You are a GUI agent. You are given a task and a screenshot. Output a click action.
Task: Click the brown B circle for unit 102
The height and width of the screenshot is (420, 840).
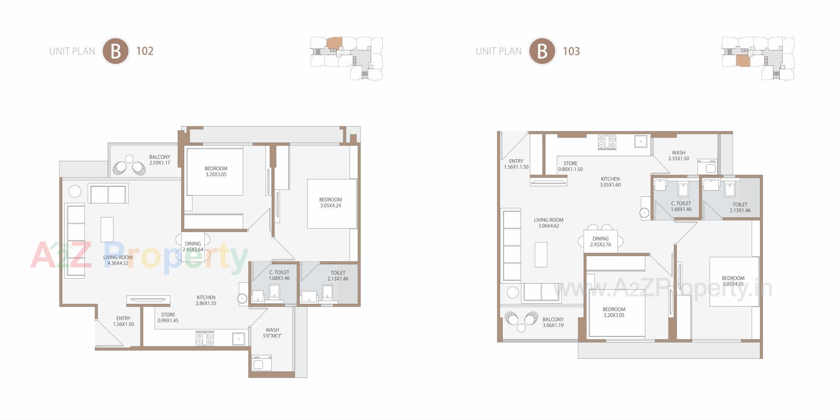[115, 51]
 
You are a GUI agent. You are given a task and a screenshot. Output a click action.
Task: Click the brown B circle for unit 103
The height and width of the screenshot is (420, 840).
[542, 51]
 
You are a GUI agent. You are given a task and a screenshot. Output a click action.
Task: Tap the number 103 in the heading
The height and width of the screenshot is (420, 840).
[571, 51]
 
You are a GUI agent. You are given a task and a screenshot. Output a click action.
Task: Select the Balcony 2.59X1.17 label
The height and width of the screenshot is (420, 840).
[159, 160]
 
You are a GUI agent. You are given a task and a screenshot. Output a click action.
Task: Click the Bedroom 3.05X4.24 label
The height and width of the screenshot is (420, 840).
[330, 203]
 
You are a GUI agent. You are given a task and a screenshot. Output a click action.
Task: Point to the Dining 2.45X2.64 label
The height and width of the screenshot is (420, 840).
[192, 247]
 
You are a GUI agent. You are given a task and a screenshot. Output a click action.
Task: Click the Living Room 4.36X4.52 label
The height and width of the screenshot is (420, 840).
[118, 260]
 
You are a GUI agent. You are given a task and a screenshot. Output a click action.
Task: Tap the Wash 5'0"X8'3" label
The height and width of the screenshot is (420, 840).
[272, 333]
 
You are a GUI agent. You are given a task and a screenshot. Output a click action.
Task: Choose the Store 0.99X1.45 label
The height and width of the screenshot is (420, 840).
[168, 318]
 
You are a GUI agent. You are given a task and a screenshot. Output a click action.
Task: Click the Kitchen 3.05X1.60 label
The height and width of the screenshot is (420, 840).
[610, 182]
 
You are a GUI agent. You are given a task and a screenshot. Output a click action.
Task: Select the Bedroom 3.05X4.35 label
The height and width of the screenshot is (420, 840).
[733, 281]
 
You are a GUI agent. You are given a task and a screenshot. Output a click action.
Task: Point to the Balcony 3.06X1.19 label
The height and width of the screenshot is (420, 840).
[553, 322]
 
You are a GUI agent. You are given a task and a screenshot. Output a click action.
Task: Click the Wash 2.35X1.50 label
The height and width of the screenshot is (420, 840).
[678, 156]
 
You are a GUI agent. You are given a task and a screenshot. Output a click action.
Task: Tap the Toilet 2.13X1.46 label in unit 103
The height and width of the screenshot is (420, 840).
[740, 207]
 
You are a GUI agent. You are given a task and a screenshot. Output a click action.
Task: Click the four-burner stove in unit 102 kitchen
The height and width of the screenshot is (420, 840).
[205, 338]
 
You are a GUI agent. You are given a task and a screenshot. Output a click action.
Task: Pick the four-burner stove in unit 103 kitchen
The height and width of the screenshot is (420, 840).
[607, 142]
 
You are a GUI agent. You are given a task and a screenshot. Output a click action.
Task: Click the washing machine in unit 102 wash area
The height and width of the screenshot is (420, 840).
[262, 363]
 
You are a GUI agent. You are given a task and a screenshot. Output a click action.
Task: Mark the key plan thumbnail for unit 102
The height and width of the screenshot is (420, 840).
[346, 58]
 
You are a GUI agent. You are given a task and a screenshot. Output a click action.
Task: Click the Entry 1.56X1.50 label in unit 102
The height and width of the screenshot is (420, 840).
[123, 322]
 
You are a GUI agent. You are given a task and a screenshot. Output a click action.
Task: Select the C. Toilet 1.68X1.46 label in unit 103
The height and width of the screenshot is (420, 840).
[681, 206]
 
